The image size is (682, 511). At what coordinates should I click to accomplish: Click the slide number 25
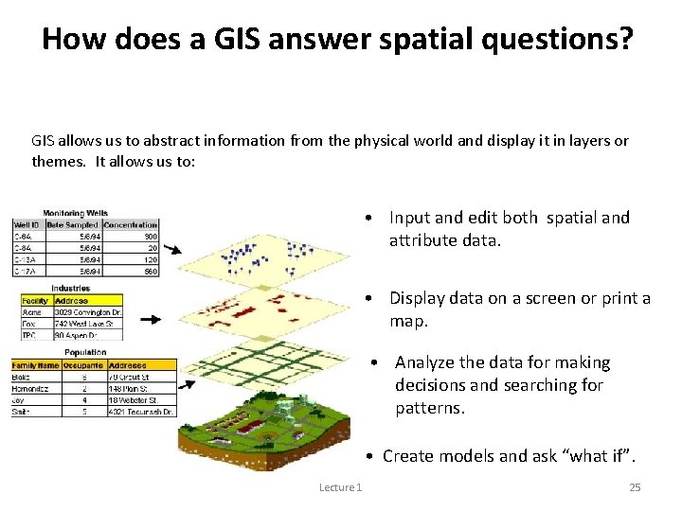[x=635, y=487]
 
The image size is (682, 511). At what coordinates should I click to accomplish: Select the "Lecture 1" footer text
[x=340, y=487]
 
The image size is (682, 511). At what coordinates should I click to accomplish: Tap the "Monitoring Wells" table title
[x=75, y=213]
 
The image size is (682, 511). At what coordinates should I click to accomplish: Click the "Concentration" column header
[x=131, y=223]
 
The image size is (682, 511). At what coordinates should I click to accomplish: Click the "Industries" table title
[x=71, y=288]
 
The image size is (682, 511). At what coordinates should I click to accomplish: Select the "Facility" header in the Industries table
[x=35, y=300]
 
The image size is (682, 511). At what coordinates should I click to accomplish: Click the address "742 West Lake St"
[x=87, y=323]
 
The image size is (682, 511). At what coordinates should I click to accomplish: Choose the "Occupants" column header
[x=83, y=364]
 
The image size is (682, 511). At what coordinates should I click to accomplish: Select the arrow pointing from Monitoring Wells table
[x=173, y=250]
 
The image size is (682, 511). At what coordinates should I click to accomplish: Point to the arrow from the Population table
[x=187, y=384]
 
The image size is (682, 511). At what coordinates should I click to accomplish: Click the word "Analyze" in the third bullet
[x=425, y=362]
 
